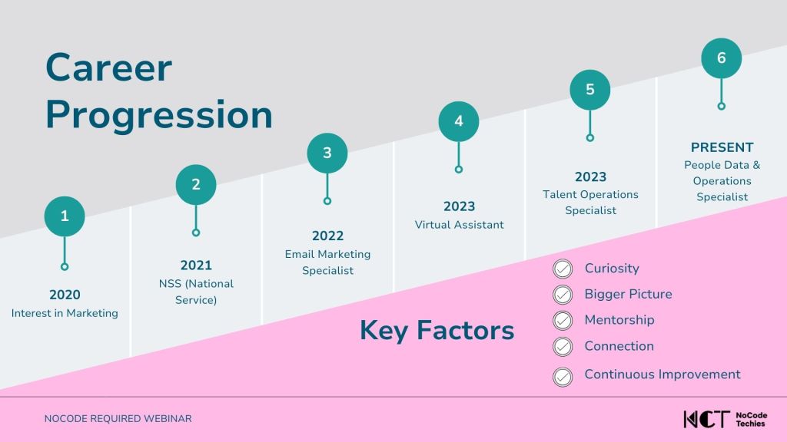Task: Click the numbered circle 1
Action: (x=65, y=216)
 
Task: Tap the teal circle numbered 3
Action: (x=327, y=153)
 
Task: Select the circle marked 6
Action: (x=721, y=58)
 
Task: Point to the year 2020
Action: (x=65, y=295)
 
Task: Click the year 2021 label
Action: (x=196, y=265)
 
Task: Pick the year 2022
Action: (x=327, y=236)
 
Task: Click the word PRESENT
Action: (x=722, y=147)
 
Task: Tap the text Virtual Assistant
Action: (x=460, y=225)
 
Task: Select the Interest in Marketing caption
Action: (x=65, y=313)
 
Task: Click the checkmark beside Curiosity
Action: (x=563, y=269)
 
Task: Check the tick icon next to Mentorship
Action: (x=563, y=320)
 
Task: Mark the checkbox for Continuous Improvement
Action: (x=563, y=377)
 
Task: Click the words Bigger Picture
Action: (x=629, y=294)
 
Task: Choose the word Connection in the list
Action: (x=619, y=346)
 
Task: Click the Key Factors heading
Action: (x=437, y=331)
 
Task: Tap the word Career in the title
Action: (x=109, y=68)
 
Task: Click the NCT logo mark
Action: (x=706, y=419)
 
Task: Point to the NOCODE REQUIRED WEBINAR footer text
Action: (x=118, y=418)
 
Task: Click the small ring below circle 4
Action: (x=459, y=170)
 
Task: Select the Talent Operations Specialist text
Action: (x=591, y=203)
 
